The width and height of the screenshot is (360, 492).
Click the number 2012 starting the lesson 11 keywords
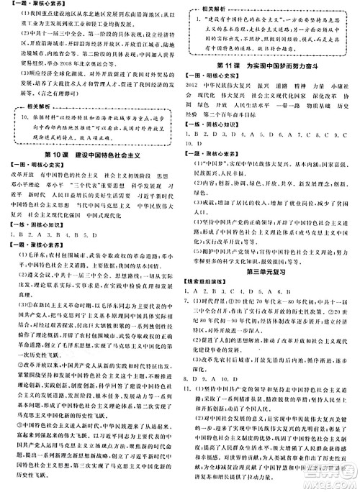(192, 84)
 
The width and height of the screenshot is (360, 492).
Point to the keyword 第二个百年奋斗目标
(235, 114)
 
